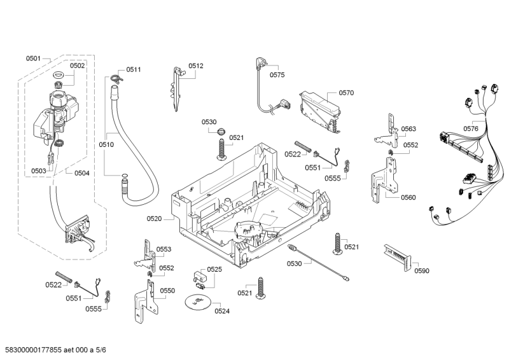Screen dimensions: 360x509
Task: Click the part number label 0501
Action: (33, 59)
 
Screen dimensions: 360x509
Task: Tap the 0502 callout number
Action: (77, 66)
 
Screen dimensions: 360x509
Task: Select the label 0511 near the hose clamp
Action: (134, 69)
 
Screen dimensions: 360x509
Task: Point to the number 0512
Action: (196, 66)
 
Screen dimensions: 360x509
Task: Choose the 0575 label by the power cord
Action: (277, 75)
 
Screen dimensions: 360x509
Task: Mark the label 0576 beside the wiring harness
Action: (471, 128)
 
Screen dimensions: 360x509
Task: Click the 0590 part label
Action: (422, 271)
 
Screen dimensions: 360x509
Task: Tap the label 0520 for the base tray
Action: (155, 218)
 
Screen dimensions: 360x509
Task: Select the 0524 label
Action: (222, 310)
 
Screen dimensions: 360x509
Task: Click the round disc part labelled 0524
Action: (197, 303)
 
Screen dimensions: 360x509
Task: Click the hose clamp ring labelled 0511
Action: (114, 78)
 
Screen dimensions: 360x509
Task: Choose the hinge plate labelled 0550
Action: (145, 305)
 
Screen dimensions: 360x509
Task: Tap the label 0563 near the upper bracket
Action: (408, 129)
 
